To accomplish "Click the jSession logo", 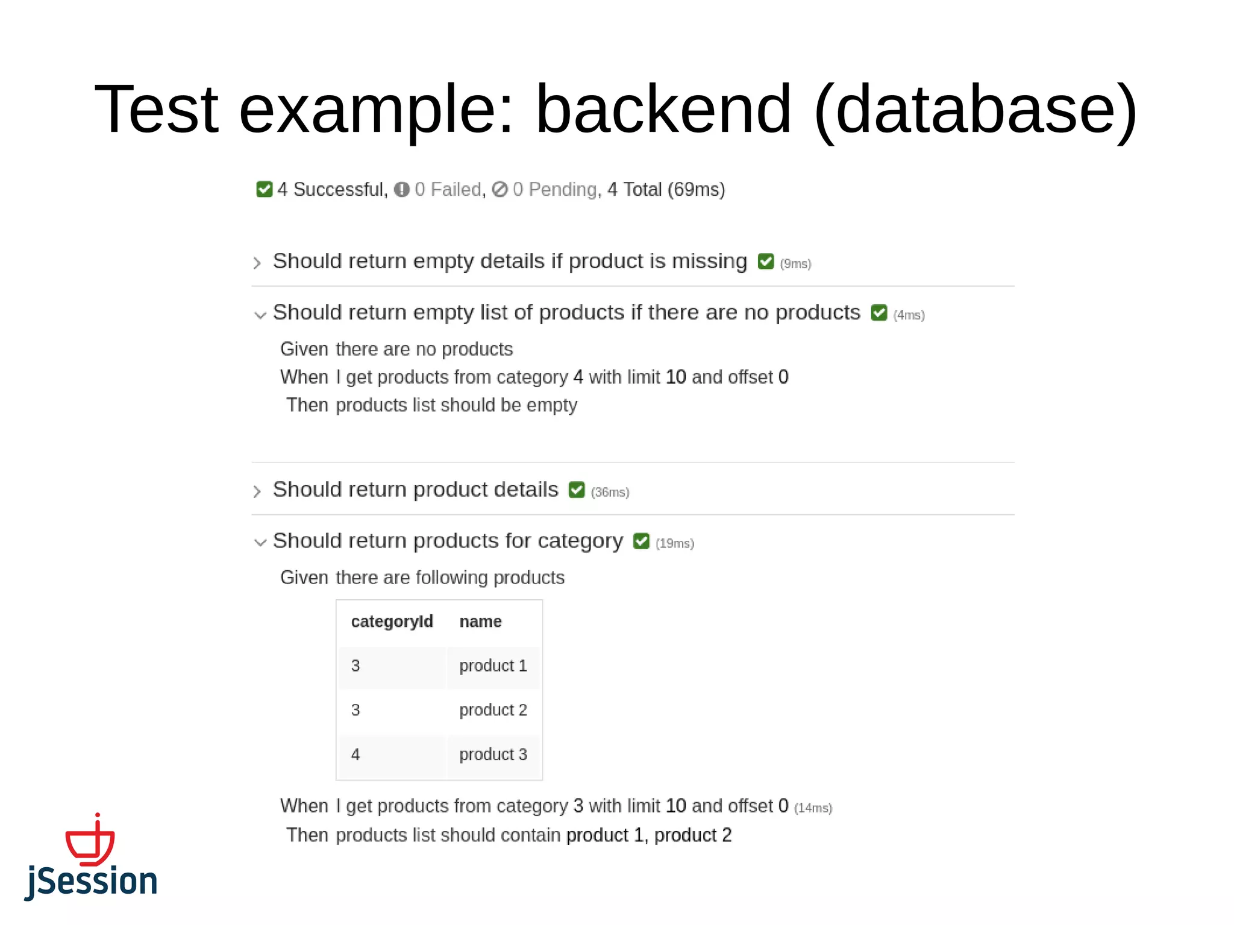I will click(91, 858).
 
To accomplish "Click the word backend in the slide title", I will click(663, 110).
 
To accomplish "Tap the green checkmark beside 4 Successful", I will click(264, 189).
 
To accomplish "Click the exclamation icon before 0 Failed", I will click(402, 190).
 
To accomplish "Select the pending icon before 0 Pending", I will click(500, 190).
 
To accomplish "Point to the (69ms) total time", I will click(696, 190).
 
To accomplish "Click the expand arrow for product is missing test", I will click(257, 263).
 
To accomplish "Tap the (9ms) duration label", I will click(795, 264).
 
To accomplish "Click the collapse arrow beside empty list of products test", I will click(260, 315).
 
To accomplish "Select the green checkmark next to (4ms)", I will click(879, 313).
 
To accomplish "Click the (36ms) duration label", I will click(610, 493).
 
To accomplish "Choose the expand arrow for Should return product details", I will click(257, 491).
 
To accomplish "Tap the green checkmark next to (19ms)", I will click(641, 541).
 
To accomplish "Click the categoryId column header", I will click(392, 621).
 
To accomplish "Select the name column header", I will click(480, 621).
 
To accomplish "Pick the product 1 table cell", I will click(493, 666).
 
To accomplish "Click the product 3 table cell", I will click(493, 755).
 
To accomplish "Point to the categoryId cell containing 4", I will click(355, 755).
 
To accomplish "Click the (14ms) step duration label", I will click(813, 808).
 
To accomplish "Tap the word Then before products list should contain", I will click(307, 835).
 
